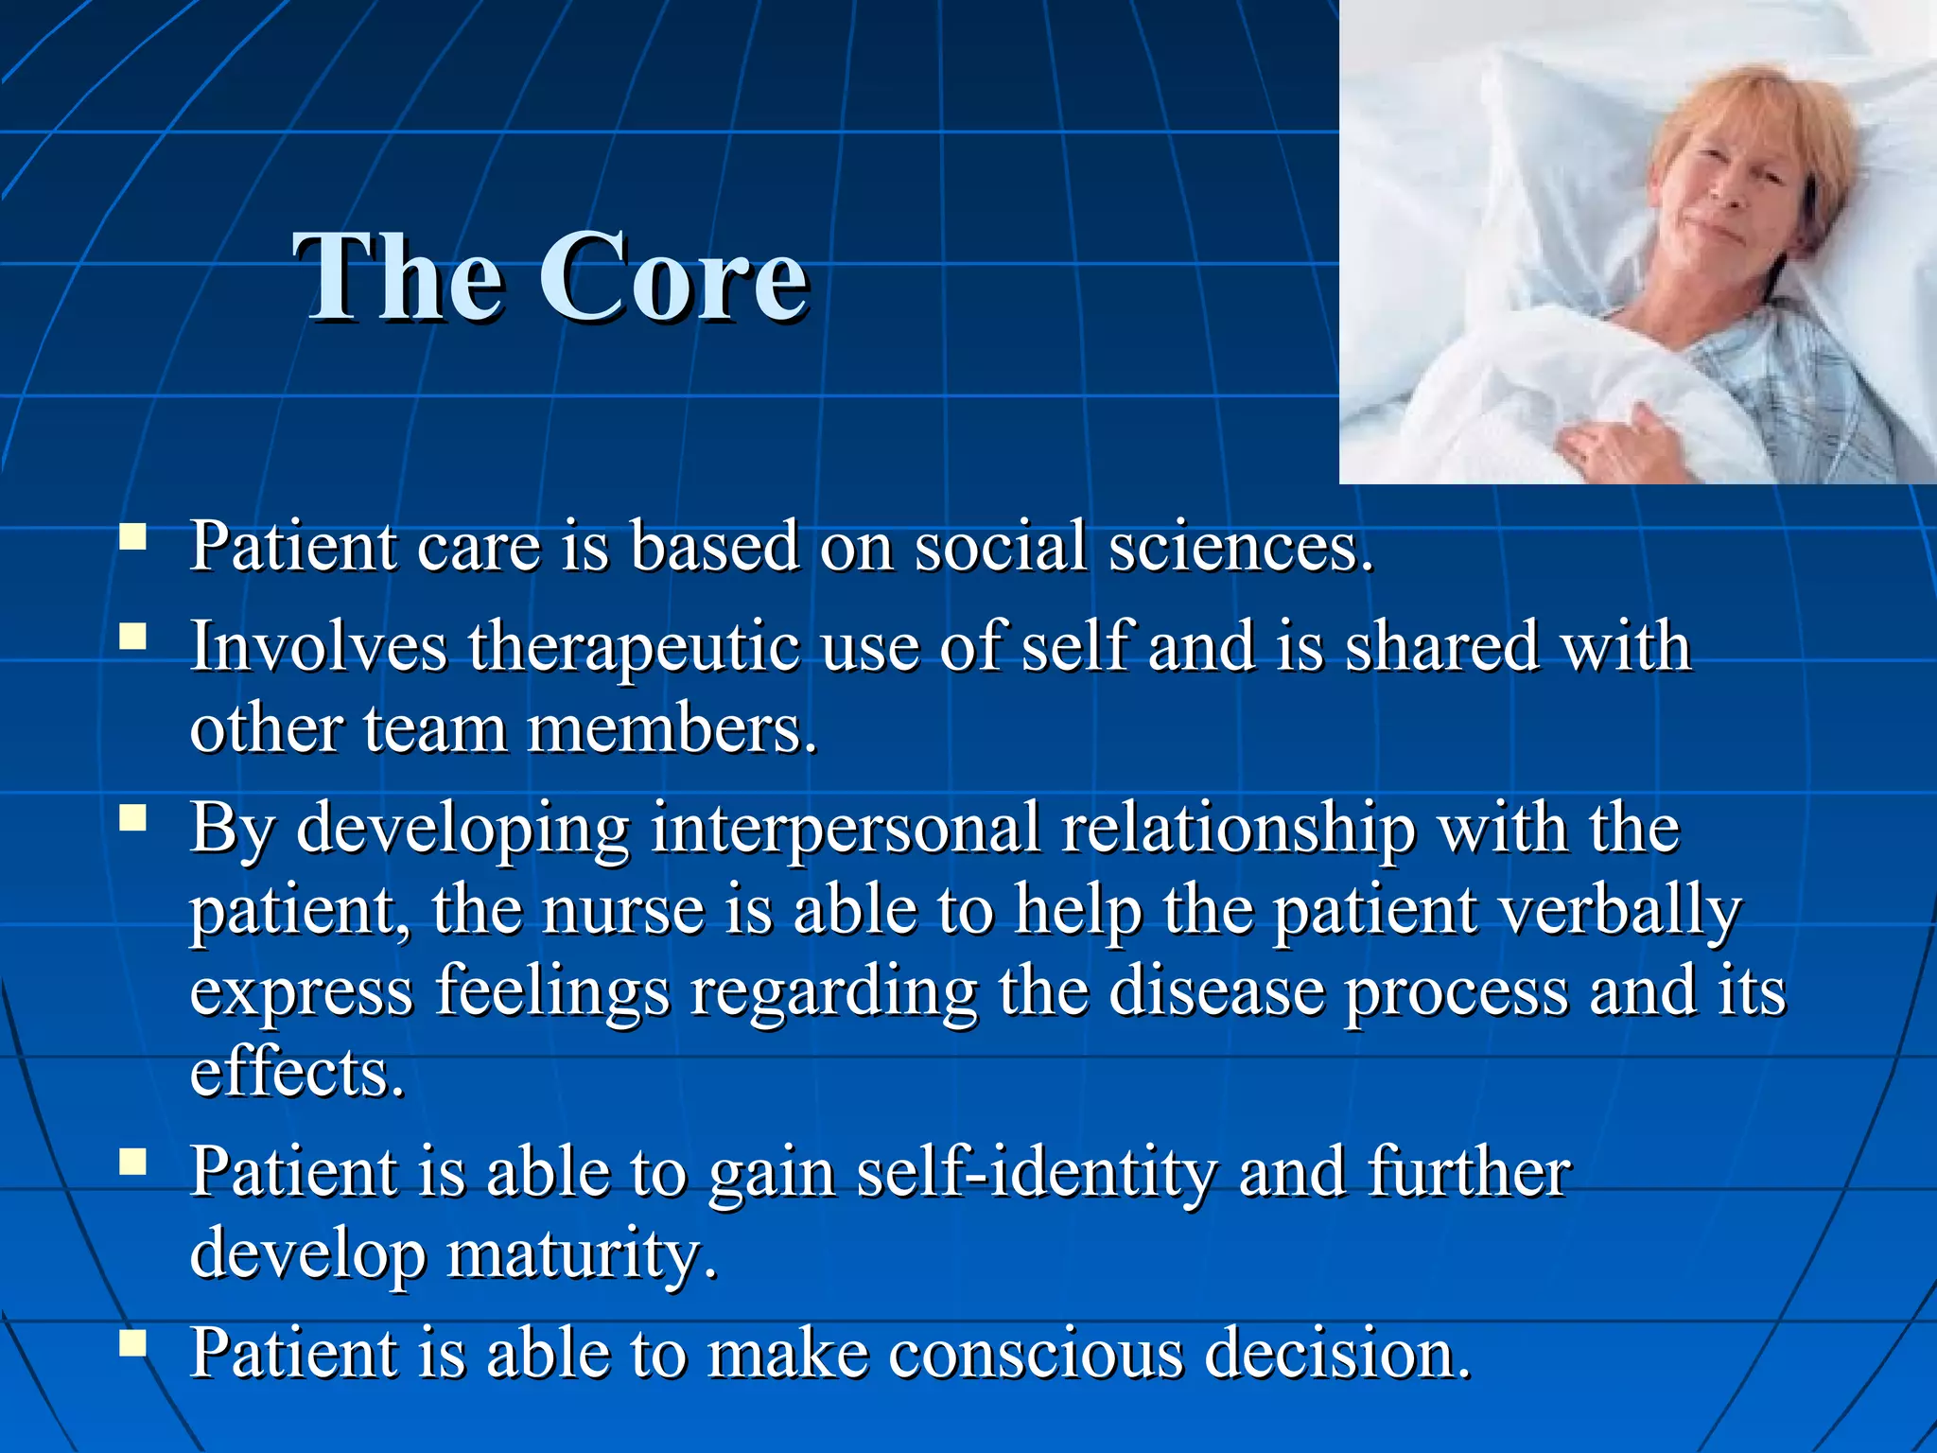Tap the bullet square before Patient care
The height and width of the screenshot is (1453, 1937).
coord(133,538)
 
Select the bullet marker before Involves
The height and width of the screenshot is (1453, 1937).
coord(133,638)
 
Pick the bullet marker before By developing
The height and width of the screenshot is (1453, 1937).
coord(133,817)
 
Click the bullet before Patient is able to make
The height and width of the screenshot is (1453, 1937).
coord(133,1343)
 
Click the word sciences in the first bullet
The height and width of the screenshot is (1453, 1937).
coord(1239,549)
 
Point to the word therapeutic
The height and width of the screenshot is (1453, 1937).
coord(634,649)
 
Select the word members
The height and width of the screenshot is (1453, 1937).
coord(672,731)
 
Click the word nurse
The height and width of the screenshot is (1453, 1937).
coord(624,910)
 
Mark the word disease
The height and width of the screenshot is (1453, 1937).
coord(1216,991)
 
